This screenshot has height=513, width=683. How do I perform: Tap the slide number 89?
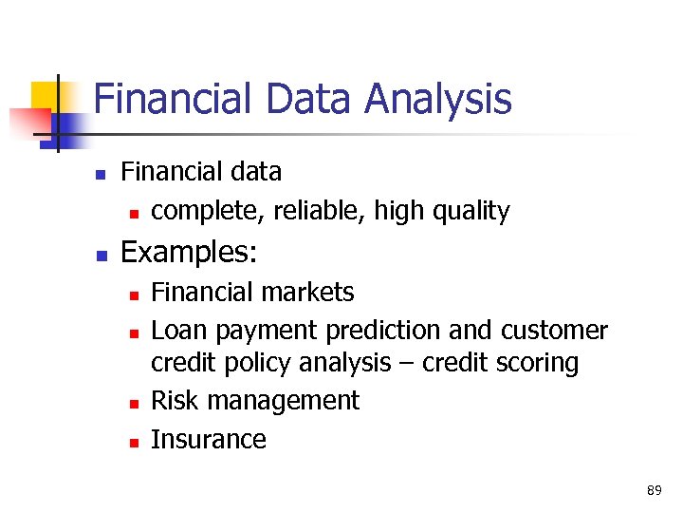(x=654, y=490)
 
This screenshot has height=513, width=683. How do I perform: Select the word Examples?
(x=188, y=253)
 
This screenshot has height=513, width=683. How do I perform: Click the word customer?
(x=554, y=331)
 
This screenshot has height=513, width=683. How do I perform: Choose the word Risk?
(x=175, y=401)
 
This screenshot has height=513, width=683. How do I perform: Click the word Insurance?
(x=209, y=439)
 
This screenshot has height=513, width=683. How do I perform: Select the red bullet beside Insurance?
(x=135, y=441)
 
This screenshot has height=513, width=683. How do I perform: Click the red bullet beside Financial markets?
(x=135, y=294)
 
